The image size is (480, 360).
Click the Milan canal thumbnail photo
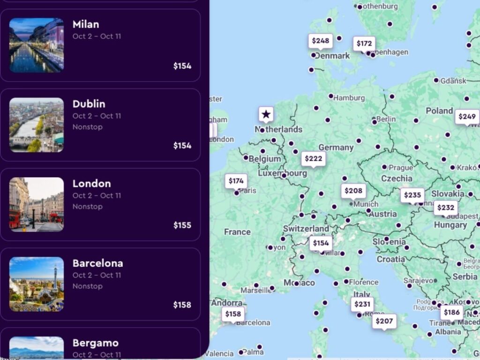(36, 45)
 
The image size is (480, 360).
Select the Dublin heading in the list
(89, 104)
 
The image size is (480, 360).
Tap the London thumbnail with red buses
(36, 204)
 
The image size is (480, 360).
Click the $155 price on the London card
(182, 225)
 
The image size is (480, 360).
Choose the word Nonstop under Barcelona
(87, 286)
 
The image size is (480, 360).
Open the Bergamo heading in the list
(95, 343)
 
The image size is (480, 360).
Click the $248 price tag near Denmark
(321, 41)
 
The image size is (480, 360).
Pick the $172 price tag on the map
(364, 44)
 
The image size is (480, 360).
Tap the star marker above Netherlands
(266, 114)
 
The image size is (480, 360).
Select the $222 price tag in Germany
(313, 159)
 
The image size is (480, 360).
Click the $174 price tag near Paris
(236, 181)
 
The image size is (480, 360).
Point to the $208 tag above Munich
(353, 190)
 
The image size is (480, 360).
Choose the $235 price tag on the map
(412, 195)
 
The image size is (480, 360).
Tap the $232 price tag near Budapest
(445, 208)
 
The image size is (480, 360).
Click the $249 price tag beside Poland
(467, 116)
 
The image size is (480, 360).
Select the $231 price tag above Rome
(362, 304)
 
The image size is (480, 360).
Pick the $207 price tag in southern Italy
(384, 321)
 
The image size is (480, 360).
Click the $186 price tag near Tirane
(452, 312)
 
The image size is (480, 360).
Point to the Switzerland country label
(306, 228)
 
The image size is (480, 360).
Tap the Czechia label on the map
(397, 178)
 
